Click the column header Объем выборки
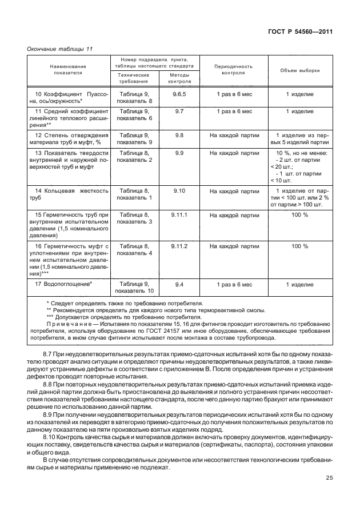point(300,70)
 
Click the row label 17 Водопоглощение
point(64,284)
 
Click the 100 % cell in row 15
point(300,214)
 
